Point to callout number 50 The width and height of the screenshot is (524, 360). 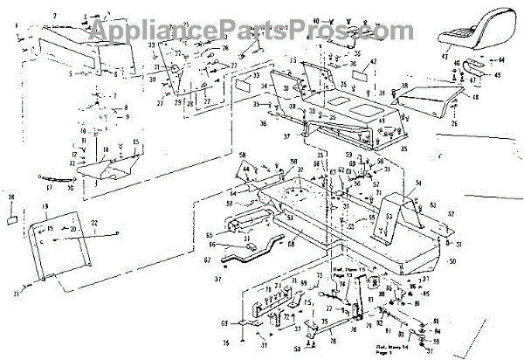(451, 261)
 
